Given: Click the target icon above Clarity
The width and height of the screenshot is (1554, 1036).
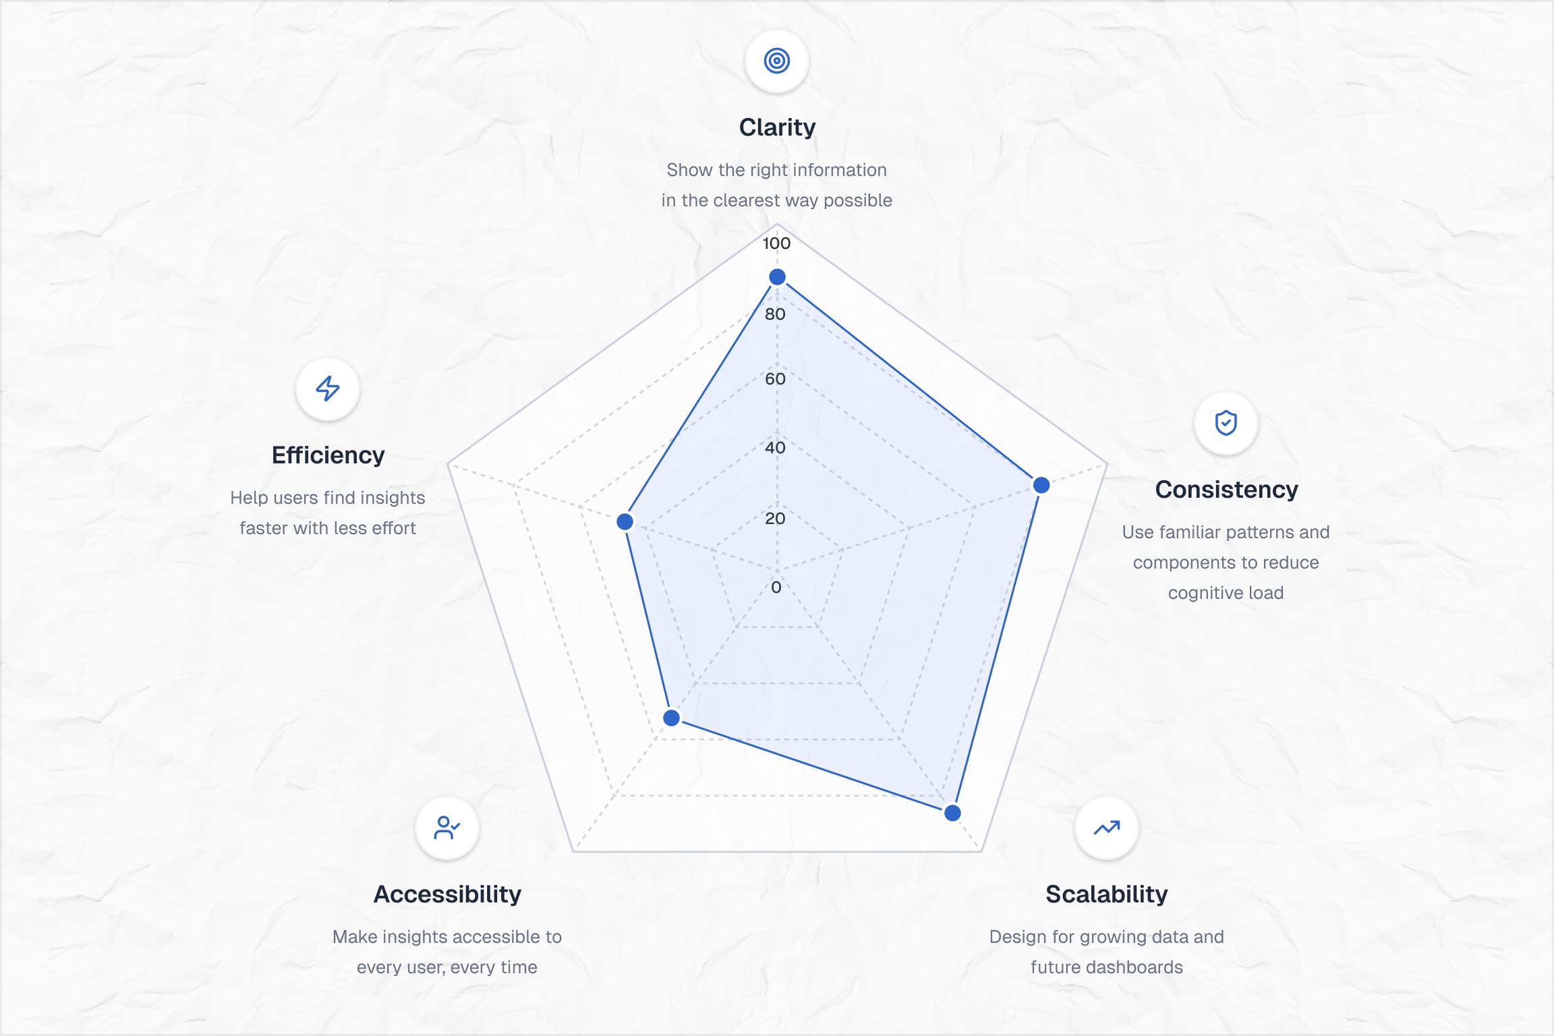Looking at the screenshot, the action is (x=777, y=61).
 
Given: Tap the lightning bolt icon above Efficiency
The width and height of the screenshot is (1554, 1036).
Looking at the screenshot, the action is (x=328, y=388).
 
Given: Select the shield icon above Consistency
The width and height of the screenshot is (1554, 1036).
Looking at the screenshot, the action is (x=1226, y=423).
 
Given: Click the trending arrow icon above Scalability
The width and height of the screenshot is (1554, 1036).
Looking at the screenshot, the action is (x=1107, y=828).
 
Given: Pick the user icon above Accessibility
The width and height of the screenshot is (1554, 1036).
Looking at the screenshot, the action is (x=447, y=828).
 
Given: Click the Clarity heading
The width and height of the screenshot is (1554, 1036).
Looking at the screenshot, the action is (x=777, y=127).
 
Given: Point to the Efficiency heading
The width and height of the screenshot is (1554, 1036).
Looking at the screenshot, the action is (x=328, y=455).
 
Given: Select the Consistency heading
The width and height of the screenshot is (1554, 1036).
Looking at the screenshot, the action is (x=1226, y=490).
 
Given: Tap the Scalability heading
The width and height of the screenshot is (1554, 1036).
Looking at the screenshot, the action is (x=1107, y=894).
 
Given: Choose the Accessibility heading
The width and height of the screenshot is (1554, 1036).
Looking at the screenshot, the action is (x=447, y=894).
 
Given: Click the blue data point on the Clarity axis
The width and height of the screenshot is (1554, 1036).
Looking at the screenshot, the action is (x=777, y=277).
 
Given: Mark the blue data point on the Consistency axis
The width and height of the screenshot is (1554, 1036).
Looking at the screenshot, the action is (x=1041, y=485).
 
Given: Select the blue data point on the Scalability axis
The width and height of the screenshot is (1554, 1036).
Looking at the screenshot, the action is (x=952, y=813).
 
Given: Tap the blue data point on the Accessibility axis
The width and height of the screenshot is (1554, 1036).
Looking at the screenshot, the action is (x=671, y=718).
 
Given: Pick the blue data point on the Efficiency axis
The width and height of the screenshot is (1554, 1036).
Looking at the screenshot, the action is (x=625, y=521).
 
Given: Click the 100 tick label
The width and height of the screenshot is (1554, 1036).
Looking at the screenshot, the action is (x=776, y=243).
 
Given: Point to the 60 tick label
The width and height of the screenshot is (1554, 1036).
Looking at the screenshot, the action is (x=775, y=379).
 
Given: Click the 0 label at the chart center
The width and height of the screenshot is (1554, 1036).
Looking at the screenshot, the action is (x=776, y=587).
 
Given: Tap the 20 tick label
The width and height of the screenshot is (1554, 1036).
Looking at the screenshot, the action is (x=775, y=519).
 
